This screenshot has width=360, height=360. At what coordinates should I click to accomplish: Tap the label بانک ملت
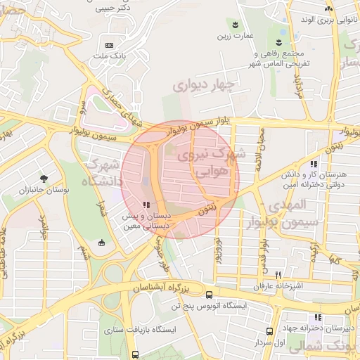pyautogui.click(x=109, y=55)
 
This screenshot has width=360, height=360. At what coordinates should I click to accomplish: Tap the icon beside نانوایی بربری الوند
pyautogui.click(x=328, y=8)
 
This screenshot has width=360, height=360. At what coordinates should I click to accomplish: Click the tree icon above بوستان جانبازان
pyautogui.click(x=44, y=179)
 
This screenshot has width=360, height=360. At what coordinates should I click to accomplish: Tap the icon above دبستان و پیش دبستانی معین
pyautogui.click(x=146, y=205)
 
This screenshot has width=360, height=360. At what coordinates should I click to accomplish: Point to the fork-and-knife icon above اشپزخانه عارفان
pyautogui.click(x=278, y=275)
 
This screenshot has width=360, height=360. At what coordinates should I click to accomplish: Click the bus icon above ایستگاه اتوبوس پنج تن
pyautogui.click(x=209, y=295)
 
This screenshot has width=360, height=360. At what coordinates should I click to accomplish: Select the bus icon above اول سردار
pyautogui.click(x=269, y=332)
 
